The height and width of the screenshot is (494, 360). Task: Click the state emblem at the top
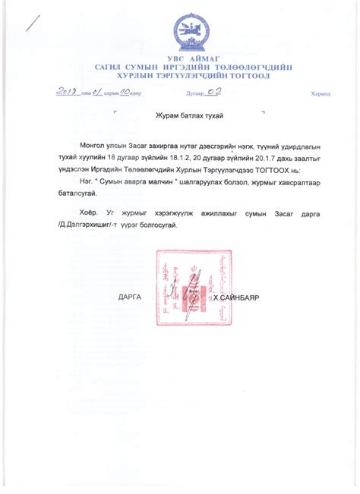pyautogui.click(x=187, y=33)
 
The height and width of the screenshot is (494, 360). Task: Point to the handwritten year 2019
pyautogui.click(x=67, y=92)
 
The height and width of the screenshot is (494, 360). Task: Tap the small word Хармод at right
pyautogui.click(x=321, y=94)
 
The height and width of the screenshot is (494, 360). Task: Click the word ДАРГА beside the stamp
pyautogui.click(x=131, y=297)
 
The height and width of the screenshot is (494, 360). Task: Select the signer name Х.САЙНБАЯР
pyautogui.click(x=236, y=297)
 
